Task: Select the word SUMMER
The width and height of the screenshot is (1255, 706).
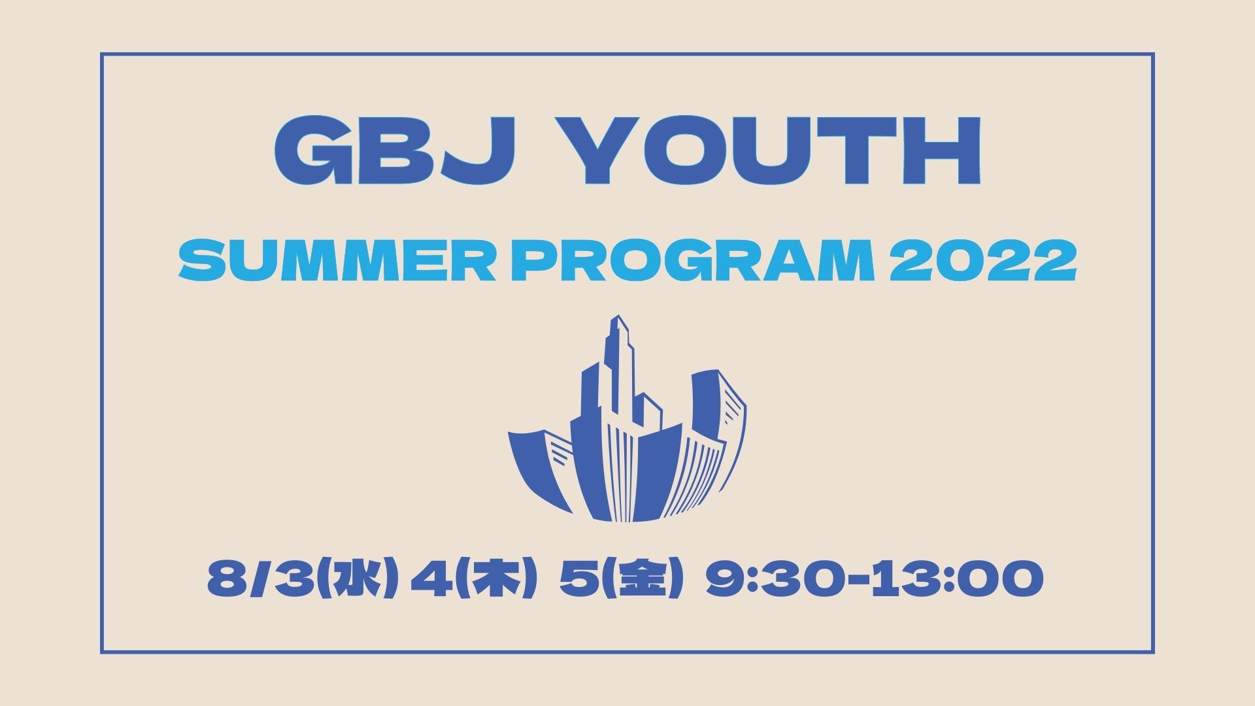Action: click(337, 261)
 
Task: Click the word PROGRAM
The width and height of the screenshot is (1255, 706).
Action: click(691, 261)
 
